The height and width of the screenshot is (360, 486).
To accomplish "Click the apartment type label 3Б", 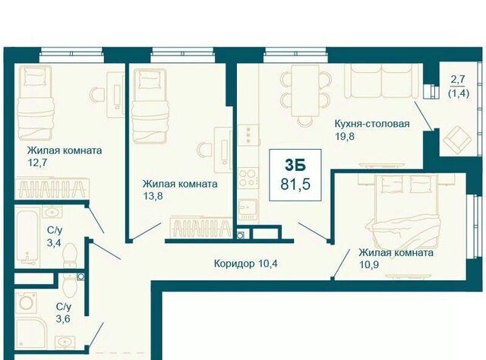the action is click(295, 166).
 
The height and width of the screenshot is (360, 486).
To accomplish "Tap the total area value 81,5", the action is click(295, 185).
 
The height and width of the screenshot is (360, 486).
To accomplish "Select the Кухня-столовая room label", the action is click(372, 124).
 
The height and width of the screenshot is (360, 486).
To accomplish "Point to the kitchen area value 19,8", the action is click(345, 136).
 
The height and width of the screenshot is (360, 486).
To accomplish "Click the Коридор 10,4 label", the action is click(245, 264).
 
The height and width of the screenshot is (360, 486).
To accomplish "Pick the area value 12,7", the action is click(37, 163).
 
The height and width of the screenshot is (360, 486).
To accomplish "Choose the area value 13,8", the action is click(153, 196).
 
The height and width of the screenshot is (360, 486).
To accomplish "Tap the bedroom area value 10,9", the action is click(369, 265).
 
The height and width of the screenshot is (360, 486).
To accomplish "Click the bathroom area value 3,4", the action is click(54, 242).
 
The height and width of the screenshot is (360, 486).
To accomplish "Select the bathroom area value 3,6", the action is click(63, 318).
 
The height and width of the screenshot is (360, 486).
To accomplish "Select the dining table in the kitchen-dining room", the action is click(305, 90).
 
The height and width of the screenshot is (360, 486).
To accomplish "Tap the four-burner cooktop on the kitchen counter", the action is click(248, 178).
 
